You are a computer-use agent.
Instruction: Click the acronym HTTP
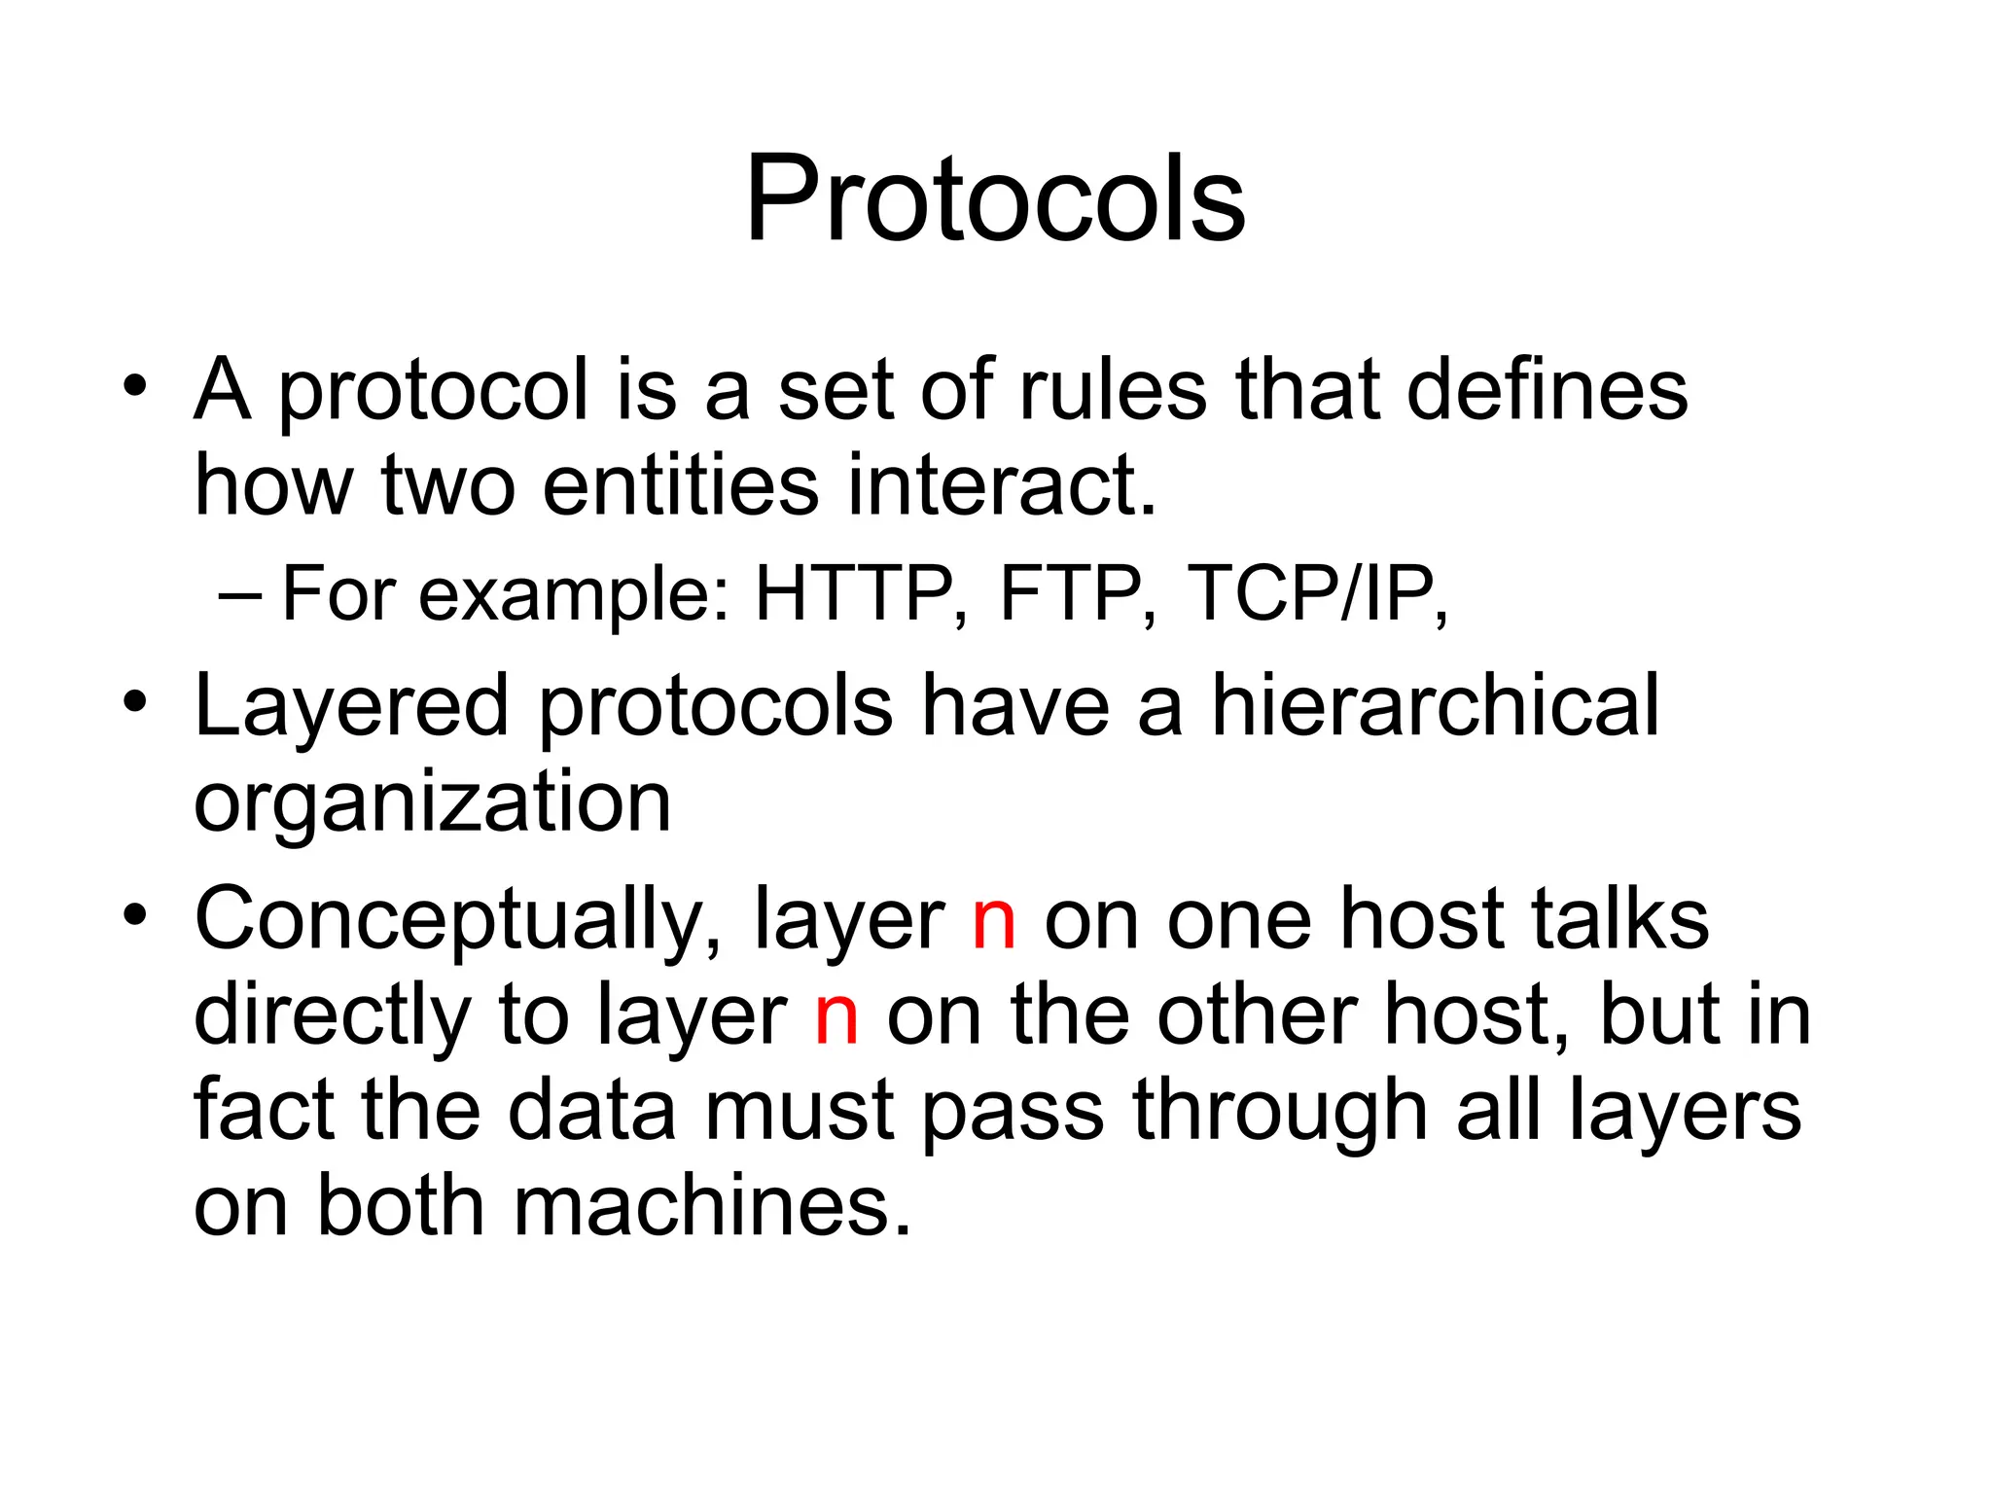[854, 593]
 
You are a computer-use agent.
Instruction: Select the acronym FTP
[1071, 593]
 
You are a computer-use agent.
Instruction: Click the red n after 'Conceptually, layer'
[994, 922]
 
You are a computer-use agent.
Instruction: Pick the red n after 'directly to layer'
[836, 1017]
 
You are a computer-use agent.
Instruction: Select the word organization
[433, 803]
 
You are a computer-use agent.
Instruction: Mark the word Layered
[351, 708]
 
